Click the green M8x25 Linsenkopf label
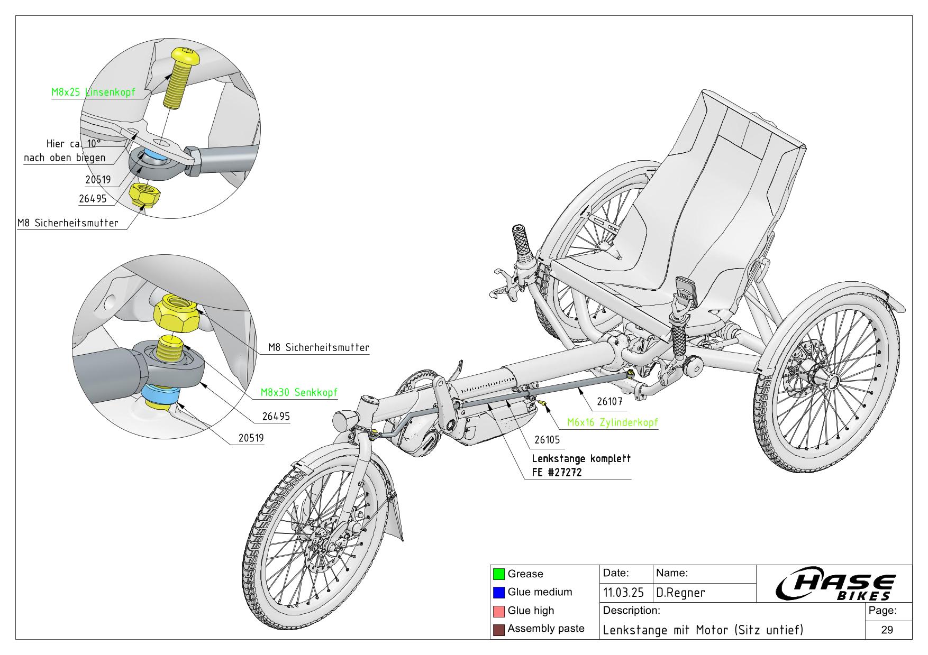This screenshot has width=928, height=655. click(93, 92)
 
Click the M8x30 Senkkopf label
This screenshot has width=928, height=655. click(299, 392)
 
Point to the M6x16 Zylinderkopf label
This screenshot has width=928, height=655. click(612, 422)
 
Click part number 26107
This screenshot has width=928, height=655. click(609, 401)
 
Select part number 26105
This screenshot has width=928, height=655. click(547, 439)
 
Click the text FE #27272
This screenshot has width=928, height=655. click(557, 473)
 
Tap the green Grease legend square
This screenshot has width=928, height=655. click(498, 574)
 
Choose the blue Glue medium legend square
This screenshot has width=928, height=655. click(498, 592)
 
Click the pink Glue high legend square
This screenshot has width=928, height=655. click(498, 611)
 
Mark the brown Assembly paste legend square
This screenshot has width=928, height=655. click(498, 629)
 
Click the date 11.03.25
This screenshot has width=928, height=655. click(623, 593)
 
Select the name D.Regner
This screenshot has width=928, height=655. click(681, 593)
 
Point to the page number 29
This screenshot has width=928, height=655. click(887, 630)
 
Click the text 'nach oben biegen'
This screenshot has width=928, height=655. click(65, 158)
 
